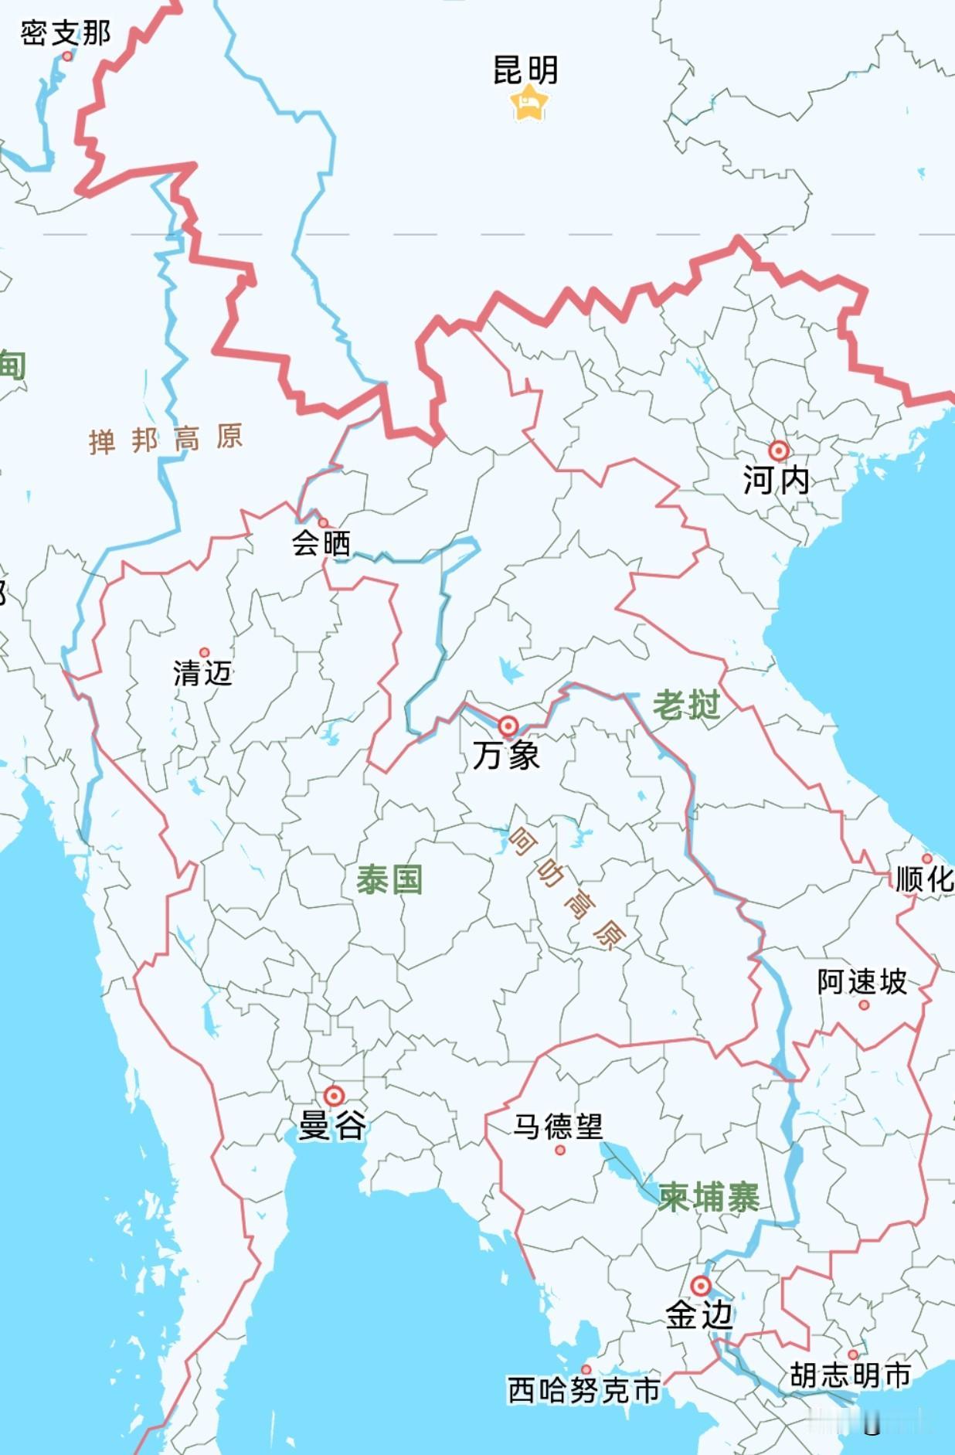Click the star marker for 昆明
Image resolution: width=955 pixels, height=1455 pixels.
point(529,103)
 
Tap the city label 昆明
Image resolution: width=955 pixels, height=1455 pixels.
point(525,70)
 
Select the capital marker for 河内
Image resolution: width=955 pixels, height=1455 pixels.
point(778,450)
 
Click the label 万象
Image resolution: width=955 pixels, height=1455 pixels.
point(506,755)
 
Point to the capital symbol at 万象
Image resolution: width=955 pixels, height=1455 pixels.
point(508,726)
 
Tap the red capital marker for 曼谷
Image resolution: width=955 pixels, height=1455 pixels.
point(334,1096)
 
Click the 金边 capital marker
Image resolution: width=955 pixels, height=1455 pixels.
point(700,1286)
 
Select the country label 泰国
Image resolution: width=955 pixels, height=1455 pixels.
point(389,879)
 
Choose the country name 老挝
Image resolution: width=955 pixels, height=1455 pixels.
point(686,705)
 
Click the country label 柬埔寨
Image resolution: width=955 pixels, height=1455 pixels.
point(709,1197)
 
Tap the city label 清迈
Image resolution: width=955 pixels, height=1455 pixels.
point(202,673)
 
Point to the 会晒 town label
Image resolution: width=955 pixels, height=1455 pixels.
point(321,543)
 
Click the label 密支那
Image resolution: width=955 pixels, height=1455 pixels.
point(66,33)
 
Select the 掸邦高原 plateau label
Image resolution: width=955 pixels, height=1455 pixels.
point(166,439)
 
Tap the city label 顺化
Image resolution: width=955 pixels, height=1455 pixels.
point(924,879)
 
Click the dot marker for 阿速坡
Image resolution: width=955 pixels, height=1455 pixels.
point(864,1005)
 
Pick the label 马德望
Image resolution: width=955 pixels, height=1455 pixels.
point(558,1126)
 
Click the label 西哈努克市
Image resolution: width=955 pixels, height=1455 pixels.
point(584,1390)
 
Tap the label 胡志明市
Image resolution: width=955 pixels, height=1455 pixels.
point(850,1375)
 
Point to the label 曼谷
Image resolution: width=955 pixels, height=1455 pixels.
point(332,1125)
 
